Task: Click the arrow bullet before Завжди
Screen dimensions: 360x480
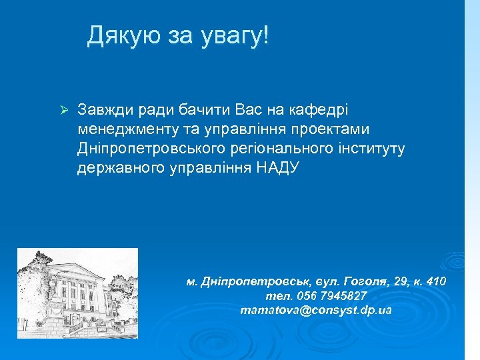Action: [x=64, y=109]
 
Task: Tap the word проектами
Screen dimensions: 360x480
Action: [x=331, y=128]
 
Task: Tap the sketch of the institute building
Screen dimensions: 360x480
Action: [x=77, y=293]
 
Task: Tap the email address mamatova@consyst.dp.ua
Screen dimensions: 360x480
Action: [x=316, y=311]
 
